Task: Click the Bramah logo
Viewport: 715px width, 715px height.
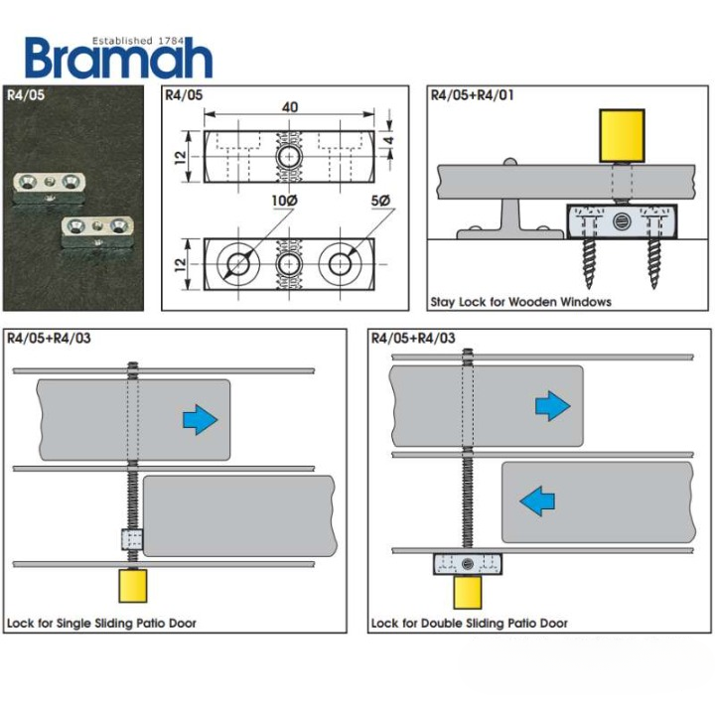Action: tap(118, 58)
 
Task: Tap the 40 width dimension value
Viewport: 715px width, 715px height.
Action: tap(290, 107)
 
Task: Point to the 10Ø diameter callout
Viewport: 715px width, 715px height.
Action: tap(285, 201)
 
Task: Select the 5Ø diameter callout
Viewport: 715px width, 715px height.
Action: tap(380, 201)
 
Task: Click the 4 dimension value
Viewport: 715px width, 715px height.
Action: tap(388, 140)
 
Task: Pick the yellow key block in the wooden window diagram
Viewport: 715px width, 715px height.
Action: tap(622, 135)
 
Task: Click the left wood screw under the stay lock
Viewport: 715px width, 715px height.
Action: tap(589, 263)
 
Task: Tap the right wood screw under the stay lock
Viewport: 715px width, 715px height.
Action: tap(653, 263)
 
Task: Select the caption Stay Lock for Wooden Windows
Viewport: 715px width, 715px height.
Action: tap(520, 302)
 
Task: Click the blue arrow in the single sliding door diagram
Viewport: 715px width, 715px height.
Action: tap(201, 419)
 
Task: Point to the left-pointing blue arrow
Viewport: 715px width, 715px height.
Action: tap(537, 501)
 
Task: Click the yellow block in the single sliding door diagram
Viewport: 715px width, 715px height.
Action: tap(133, 586)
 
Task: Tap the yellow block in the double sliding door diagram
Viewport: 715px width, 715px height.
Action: tap(468, 592)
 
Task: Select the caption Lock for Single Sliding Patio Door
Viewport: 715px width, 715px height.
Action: tap(101, 624)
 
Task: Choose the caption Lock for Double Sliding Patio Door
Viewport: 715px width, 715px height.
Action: tap(469, 624)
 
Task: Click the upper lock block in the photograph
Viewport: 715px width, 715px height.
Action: tap(50, 188)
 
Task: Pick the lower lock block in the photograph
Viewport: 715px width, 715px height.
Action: tap(97, 232)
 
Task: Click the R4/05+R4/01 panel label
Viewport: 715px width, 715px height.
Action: tap(472, 95)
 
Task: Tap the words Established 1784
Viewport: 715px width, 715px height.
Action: tap(137, 41)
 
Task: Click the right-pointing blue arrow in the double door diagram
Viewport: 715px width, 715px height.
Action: tap(553, 405)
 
